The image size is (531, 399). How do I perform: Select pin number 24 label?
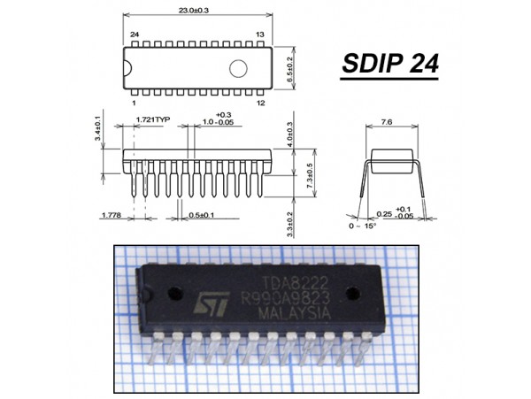click(x=135, y=34)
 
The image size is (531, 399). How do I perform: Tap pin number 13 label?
click(x=260, y=34)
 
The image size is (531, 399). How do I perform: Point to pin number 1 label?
click(x=133, y=103)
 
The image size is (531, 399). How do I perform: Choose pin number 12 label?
click(x=260, y=103)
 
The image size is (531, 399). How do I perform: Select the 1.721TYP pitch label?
click(x=151, y=118)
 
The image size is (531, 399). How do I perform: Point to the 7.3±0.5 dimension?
click(x=309, y=175)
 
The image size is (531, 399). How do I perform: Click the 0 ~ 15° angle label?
click(x=364, y=226)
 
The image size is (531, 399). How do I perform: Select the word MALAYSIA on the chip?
click(x=292, y=314)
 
